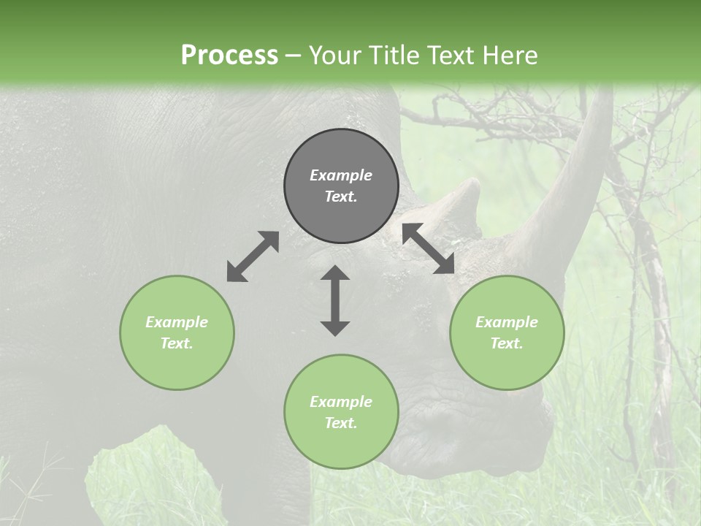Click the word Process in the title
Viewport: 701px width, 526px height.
(229, 56)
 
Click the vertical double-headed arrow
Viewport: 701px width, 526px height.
(335, 300)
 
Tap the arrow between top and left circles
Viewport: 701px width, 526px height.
(253, 256)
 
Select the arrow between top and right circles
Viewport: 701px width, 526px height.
(429, 248)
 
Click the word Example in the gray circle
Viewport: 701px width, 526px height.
(341, 175)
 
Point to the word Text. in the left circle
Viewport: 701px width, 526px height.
(177, 343)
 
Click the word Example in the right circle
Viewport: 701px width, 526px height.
(507, 322)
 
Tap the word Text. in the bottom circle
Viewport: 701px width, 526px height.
(341, 423)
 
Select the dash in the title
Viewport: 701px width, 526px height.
(294, 56)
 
